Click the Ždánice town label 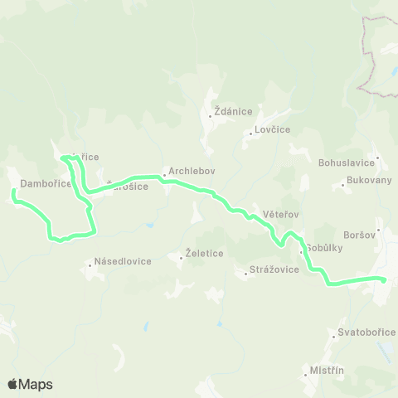(x=233, y=110)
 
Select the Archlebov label (x=192, y=172)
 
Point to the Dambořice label (x=46, y=182)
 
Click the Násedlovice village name (x=123, y=260)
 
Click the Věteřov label (x=280, y=214)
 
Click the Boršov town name (x=360, y=235)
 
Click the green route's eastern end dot (x=384, y=279)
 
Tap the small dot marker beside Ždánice (x=211, y=116)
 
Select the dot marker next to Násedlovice (x=90, y=266)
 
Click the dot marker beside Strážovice (x=246, y=275)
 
